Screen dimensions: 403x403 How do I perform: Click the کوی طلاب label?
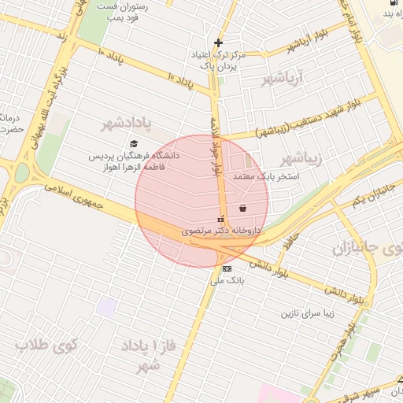point(46,345)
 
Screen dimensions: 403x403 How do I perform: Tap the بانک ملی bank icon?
point(227,268)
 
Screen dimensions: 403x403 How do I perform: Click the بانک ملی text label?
point(230,280)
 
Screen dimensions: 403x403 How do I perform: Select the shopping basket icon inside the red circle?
point(242,209)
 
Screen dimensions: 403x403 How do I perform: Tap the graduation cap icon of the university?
point(134,144)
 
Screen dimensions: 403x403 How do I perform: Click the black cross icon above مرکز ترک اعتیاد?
point(218,43)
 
